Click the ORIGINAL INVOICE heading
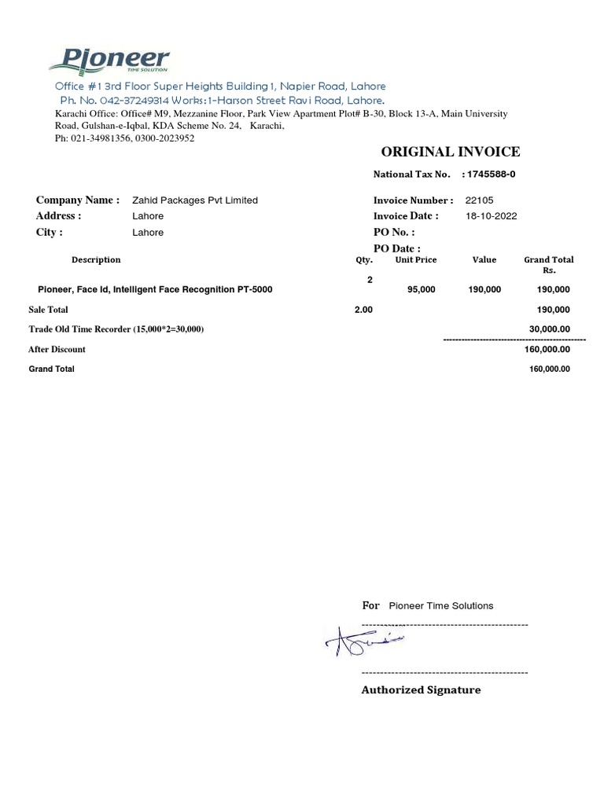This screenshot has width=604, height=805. coord(450,152)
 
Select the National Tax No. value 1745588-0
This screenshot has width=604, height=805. coord(491,174)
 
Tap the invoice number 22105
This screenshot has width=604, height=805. coord(479,200)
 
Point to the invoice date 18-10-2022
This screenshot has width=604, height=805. coord(492,216)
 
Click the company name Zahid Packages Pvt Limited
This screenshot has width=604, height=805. coord(195,200)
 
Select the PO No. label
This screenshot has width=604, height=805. coord(393,233)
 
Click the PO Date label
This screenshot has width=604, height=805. coord(396,248)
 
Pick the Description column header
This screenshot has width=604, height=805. coord(96,259)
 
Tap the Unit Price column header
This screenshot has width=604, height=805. coord(416,259)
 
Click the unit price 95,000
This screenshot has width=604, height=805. coord(422,290)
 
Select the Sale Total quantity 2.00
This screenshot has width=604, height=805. coord(363,311)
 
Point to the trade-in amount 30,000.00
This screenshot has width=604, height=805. coord(548,329)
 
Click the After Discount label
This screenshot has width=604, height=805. coord(57,350)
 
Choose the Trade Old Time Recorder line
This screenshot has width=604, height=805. coord(116,329)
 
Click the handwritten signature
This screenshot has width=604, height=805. coord(364,643)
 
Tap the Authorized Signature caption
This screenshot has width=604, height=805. coord(421,690)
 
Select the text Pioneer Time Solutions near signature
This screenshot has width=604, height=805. coord(441,606)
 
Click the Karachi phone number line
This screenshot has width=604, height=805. coord(123,138)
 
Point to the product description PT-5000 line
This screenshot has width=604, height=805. coord(155,290)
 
